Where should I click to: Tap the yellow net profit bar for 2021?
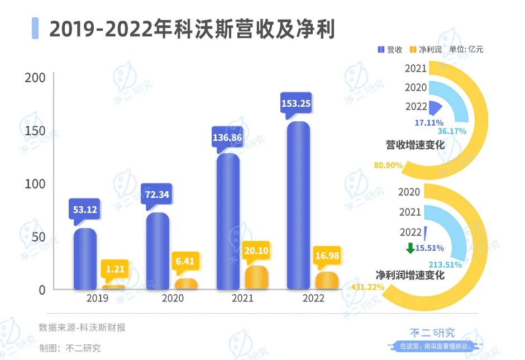256,278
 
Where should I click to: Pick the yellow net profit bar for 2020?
186,284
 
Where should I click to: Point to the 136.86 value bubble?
227,137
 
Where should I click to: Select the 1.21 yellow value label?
116,269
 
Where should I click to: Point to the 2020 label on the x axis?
173,298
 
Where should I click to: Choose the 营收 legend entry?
390,49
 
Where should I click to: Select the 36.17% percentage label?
452,131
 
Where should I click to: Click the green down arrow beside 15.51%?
411,248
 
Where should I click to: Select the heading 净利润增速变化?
410,275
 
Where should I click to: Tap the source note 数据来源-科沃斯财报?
82,328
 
